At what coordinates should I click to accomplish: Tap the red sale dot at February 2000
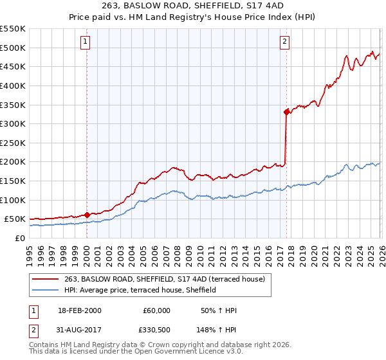[x=87, y=215]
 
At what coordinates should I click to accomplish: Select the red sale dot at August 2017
[x=286, y=112]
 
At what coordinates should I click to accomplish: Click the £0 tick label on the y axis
[x=19, y=238]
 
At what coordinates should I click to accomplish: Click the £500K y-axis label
[x=13, y=48]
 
